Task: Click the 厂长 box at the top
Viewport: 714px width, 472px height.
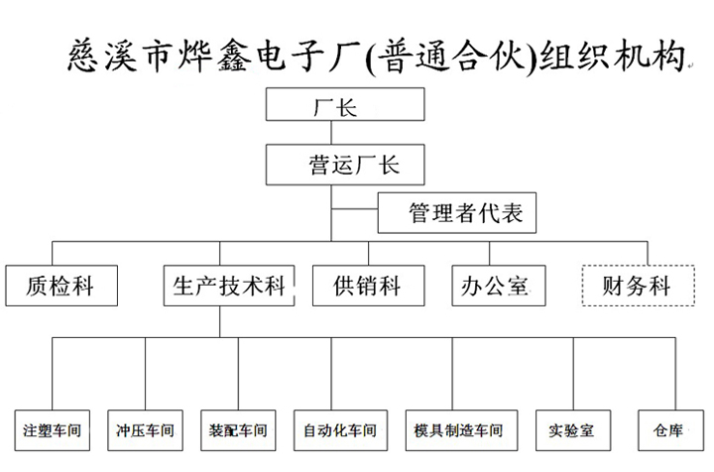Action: pos(345,104)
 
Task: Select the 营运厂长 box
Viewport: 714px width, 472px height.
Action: pos(345,165)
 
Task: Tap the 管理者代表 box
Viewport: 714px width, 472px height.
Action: pos(457,213)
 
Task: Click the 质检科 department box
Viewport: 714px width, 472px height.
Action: pos(61,286)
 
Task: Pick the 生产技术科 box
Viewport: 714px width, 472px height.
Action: pos(229,286)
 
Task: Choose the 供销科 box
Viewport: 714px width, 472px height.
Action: pos(368,286)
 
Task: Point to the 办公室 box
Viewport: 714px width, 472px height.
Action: pos(499,286)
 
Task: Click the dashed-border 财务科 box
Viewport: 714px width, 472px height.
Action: pos(639,286)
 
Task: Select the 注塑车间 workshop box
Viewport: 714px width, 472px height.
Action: pos(52,430)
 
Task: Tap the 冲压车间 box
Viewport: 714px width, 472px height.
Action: pos(145,430)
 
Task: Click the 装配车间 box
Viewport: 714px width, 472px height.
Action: pos(238,430)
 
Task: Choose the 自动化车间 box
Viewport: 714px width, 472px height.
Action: pos(340,430)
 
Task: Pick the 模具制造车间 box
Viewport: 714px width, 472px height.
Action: pos(461,430)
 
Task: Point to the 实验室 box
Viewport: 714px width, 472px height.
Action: pos(573,430)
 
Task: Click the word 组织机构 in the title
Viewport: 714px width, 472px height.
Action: pos(612,57)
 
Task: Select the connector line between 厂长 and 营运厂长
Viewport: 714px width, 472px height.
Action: pos(331,133)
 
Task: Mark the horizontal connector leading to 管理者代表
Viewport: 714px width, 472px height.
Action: pos(355,209)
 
